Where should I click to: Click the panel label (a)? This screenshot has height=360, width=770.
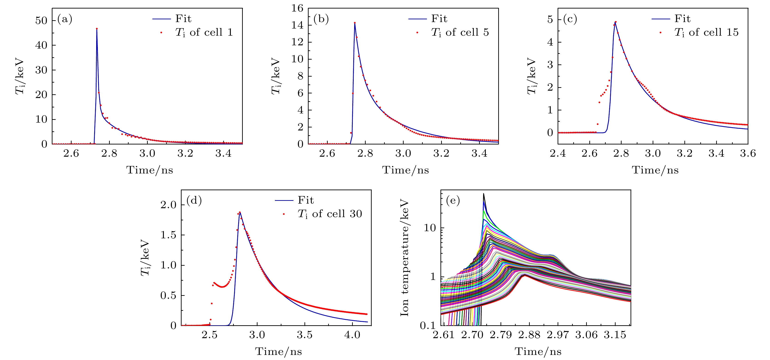(65, 19)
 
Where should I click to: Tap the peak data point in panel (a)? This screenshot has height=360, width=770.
(97, 29)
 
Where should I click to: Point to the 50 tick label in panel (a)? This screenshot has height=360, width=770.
(41, 21)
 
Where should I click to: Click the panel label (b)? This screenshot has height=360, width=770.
(321, 19)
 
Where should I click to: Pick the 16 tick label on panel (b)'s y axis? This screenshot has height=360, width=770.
(297, 8)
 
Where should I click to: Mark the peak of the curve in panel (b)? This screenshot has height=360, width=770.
(355, 23)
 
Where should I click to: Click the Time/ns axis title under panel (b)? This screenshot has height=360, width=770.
(405, 170)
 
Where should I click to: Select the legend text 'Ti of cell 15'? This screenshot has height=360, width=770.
(706, 32)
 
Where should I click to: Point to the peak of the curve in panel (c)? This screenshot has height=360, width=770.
(615, 22)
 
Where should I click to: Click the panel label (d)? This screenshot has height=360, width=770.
(194, 200)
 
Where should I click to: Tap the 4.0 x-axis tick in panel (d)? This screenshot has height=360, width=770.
(352, 335)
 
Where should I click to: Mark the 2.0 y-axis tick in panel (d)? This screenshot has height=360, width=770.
(168, 205)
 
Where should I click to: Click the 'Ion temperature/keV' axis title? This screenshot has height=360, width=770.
(404, 258)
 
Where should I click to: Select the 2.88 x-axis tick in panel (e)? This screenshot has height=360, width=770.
(529, 335)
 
